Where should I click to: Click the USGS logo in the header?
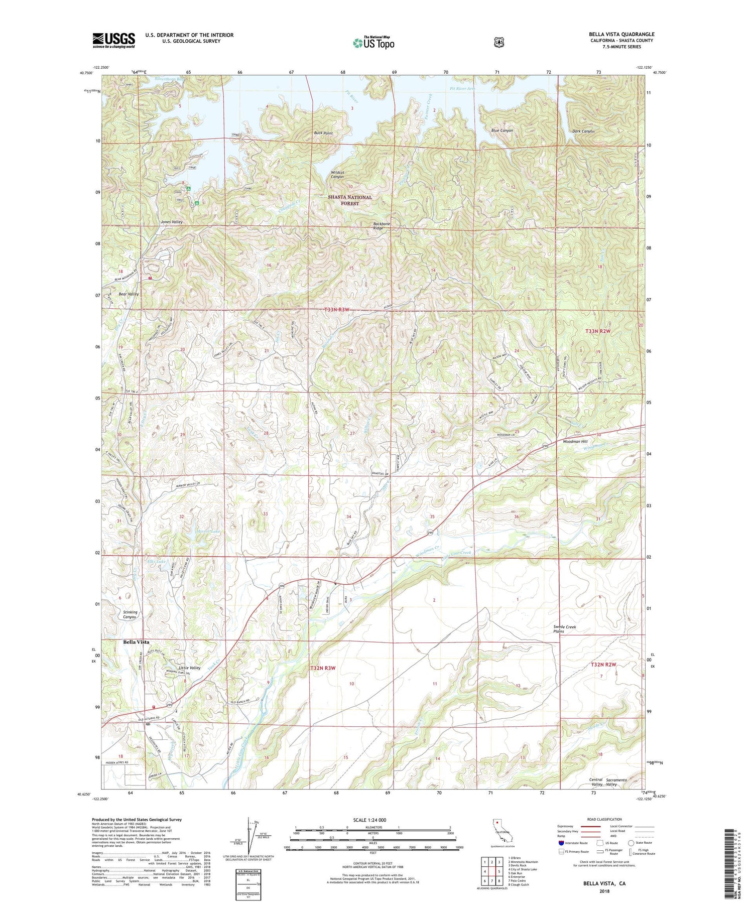[x=113, y=40]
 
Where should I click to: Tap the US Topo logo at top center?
[x=373, y=43]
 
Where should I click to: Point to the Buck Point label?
[x=323, y=133]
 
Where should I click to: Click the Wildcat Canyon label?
[x=337, y=175]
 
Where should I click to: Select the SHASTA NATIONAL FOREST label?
[x=350, y=200]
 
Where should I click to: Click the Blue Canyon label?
[x=502, y=131]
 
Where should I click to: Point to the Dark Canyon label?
[x=583, y=132]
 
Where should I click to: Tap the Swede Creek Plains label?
[x=564, y=629]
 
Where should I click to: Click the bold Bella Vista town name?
[x=136, y=642]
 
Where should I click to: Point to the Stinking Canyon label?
[x=130, y=614]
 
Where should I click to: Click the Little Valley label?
[x=190, y=668]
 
